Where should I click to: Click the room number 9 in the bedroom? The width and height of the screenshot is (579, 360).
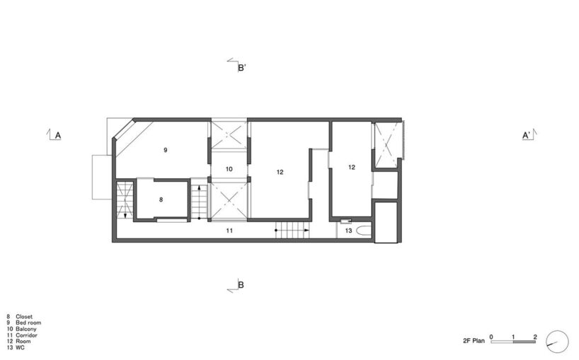tap(165, 151)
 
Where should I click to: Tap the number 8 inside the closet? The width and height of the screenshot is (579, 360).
tap(161, 200)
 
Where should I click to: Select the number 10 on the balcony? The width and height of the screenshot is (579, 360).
tap(229, 170)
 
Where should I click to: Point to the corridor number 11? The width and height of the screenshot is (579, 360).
tap(229, 231)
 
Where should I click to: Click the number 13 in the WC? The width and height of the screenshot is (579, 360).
tap(348, 231)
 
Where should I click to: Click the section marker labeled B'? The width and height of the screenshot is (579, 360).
tap(241, 68)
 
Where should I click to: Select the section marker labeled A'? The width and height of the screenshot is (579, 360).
tap(527, 135)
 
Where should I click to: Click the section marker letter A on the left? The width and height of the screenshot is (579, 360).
tap(57, 135)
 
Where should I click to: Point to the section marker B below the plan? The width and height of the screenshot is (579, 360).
tap(241, 286)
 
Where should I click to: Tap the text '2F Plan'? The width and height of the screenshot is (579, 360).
tap(474, 341)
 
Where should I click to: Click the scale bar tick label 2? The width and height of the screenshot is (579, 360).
tap(535, 337)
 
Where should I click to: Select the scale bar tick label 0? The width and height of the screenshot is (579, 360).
tap(491, 337)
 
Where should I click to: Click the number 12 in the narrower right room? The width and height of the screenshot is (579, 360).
tap(352, 168)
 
